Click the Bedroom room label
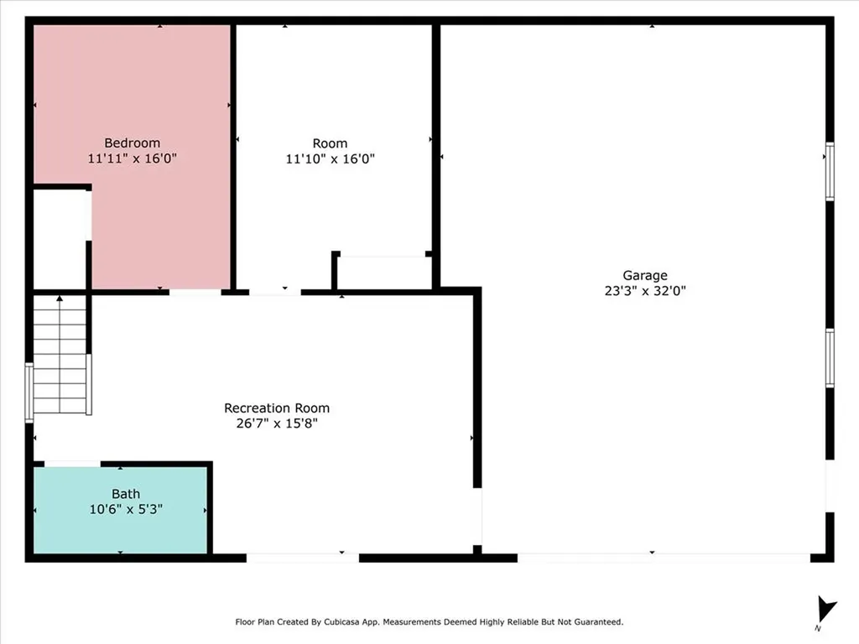132,143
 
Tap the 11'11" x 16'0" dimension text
132,158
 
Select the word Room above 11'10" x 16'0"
330,143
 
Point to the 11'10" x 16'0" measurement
330,158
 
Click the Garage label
645,275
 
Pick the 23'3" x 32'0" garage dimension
645,291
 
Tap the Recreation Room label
277,408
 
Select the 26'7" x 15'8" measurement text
277,423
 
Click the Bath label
126,494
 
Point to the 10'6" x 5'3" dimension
126,509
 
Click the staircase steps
60,354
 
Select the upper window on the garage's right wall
830,171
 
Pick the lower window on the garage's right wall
830,358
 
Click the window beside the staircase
29,392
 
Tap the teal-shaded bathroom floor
121,509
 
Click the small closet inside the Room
383,272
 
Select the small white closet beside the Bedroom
60,239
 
